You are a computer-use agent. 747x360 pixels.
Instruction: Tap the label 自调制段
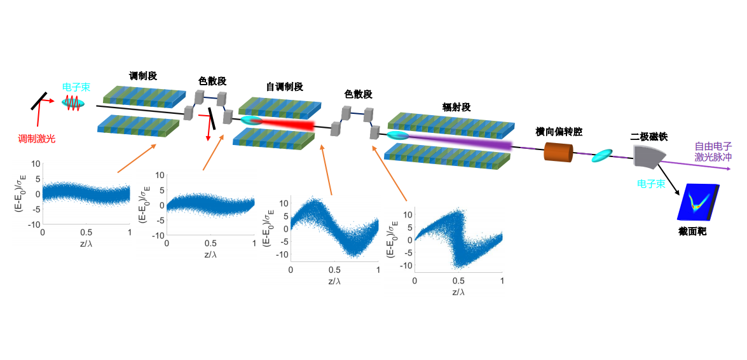coord(285,86)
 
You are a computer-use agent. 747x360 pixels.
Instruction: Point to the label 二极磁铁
coord(648,135)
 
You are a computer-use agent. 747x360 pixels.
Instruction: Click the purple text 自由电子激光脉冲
coord(713,151)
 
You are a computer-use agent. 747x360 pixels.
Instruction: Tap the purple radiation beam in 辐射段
coord(464,142)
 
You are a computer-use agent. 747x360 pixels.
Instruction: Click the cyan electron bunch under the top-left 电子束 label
coord(72,102)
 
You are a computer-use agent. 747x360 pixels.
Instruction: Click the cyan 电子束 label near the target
coord(652,183)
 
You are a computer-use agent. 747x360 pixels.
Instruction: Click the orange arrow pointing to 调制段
coord(137,159)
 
